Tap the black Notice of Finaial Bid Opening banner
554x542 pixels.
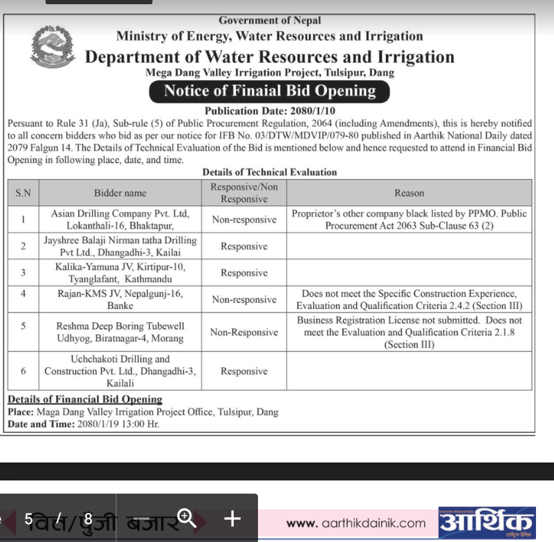[x=269, y=91]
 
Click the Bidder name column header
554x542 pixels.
[x=120, y=193]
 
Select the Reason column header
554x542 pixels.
[x=409, y=193]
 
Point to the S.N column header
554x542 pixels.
[x=24, y=193]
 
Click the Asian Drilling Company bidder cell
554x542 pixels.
[x=120, y=220]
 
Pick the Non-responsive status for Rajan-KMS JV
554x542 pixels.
[x=243, y=299]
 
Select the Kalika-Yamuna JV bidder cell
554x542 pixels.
[x=120, y=272]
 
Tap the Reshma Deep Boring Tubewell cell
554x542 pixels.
[x=120, y=332]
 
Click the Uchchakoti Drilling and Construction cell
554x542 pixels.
[x=120, y=371]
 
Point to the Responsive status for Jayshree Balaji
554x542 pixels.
[x=243, y=246]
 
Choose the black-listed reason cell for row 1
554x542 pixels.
[x=409, y=220]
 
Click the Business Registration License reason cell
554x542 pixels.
[x=409, y=332]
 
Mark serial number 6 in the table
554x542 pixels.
[x=24, y=371]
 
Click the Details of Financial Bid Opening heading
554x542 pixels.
[x=84, y=400]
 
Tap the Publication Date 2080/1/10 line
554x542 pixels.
[x=270, y=111]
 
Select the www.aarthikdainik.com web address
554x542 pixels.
[x=356, y=523]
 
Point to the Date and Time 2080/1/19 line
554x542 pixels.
[x=83, y=424]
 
